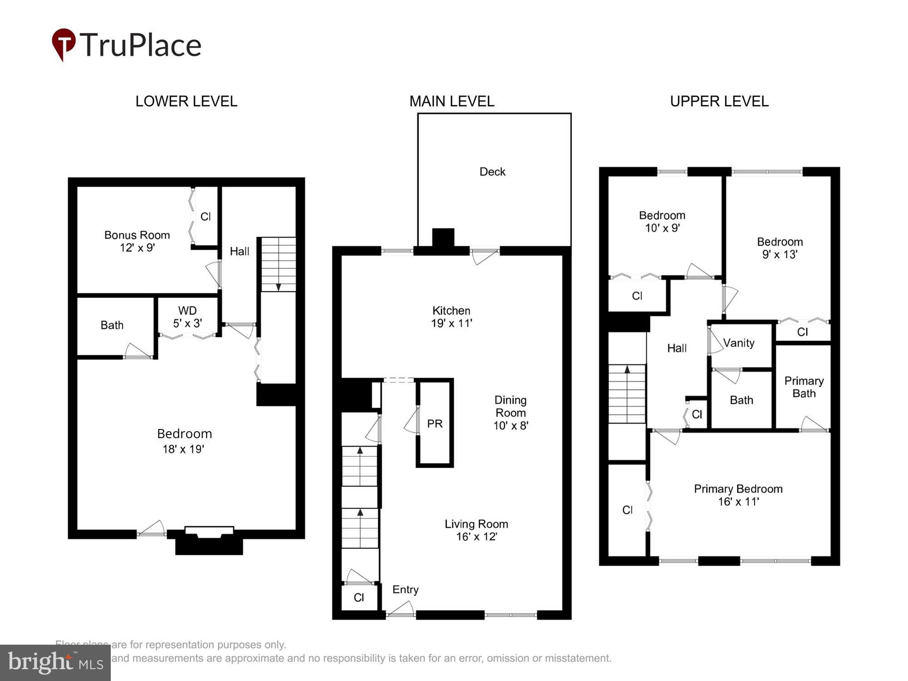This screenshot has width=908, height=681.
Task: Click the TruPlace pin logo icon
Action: (x=64, y=44)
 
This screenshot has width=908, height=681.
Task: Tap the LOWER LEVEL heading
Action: (x=186, y=101)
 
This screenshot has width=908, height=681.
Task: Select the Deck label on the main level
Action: (x=492, y=172)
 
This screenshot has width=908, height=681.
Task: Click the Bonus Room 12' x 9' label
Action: (x=137, y=241)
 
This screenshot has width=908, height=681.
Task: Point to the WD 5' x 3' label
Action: (x=187, y=317)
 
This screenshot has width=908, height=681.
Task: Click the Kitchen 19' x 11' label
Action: (x=451, y=317)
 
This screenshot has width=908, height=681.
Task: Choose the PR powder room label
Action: (x=434, y=424)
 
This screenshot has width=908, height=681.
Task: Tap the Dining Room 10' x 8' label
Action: (x=510, y=413)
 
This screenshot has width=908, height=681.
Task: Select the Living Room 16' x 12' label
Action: (x=476, y=530)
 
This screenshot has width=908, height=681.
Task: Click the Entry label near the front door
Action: (x=405, y=589)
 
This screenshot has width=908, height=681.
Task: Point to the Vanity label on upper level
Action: (x=739, y=343)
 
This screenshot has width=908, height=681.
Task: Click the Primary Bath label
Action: (x=804, y=387)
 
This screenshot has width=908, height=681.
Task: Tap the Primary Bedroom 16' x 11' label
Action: (x=738, y=495)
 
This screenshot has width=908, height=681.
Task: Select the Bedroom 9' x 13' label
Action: (x=780, y=248)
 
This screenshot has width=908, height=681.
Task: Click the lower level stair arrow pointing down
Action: (x=278, y=286)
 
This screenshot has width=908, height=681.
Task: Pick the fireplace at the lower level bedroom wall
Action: (x=209, y=540)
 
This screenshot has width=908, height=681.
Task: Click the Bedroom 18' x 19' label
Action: (x=184, y=441)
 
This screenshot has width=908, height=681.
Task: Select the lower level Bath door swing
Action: (x=138, y=351)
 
